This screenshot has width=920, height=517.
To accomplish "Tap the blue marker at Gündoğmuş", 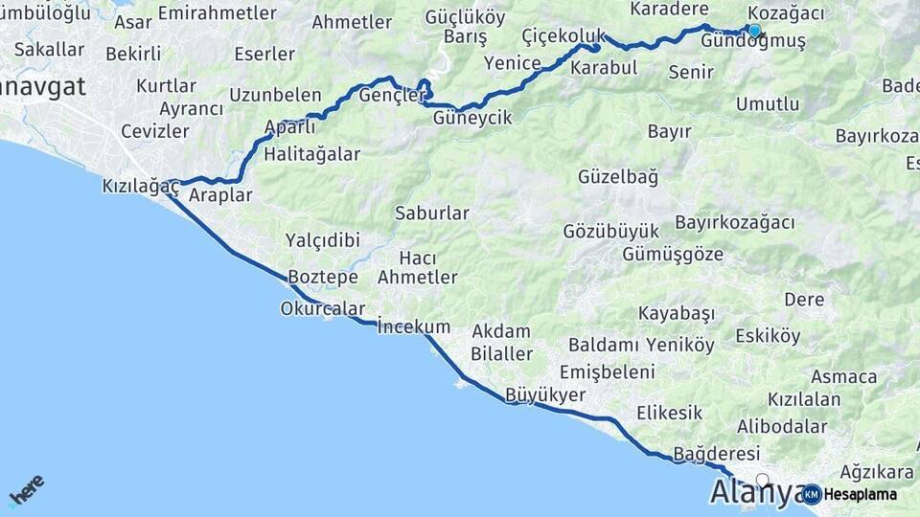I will [x=754, y=31].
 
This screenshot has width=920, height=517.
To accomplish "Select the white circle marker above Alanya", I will [x=762, y=480].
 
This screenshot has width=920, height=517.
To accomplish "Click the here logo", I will [x=26, y=489].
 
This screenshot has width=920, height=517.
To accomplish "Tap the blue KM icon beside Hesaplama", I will [x=811, y=494].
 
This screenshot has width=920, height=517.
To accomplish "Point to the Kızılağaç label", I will [x=141, y=187].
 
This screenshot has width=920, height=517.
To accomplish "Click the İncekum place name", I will [x=413, y=326].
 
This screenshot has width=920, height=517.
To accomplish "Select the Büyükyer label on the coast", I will [x=545, y=394].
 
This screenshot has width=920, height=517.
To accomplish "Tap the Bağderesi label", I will [x=717, y=453].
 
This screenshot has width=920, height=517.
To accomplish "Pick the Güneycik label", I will [x=472, y=118].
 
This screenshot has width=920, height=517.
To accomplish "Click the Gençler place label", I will [x=391, y=95].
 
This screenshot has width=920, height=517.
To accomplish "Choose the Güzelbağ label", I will [x=618, y=176].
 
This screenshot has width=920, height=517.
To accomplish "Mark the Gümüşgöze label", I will [x=672, y=254].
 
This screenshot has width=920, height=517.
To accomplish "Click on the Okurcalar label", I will [x=323, y=308].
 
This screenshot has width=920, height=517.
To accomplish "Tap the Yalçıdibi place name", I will [x=322, y=239].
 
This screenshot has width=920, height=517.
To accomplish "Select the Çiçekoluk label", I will [x=563, y=35].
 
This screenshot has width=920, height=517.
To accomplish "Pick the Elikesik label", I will [x=669, y=413].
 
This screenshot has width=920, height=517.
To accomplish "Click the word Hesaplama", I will [x=860, y=495].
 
